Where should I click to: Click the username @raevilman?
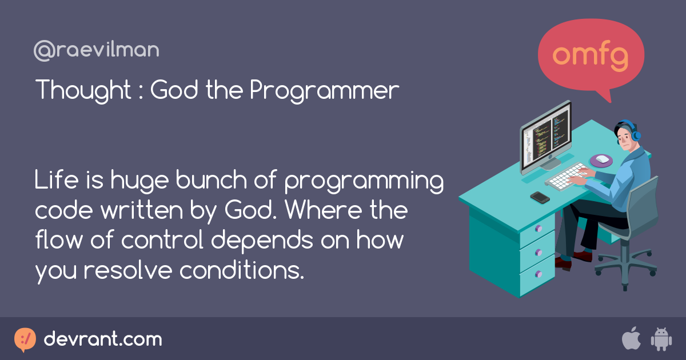pyautogui.click(x=96, y=51)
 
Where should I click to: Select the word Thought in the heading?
pyautogui.click(x=83, y=90)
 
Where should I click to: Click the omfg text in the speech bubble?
pyautogui.click(x=591, y=55)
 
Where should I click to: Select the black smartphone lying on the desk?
pyautogui.click(x=540, y=197)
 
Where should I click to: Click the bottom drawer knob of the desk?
pyautogui.click(x=537, y=273)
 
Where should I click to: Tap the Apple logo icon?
pyautogui.click(x=631, y=339)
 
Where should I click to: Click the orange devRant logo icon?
pyautogui.click(x=25, y=339)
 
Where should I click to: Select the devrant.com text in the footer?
pyautogui.click(x=103, y=339)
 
